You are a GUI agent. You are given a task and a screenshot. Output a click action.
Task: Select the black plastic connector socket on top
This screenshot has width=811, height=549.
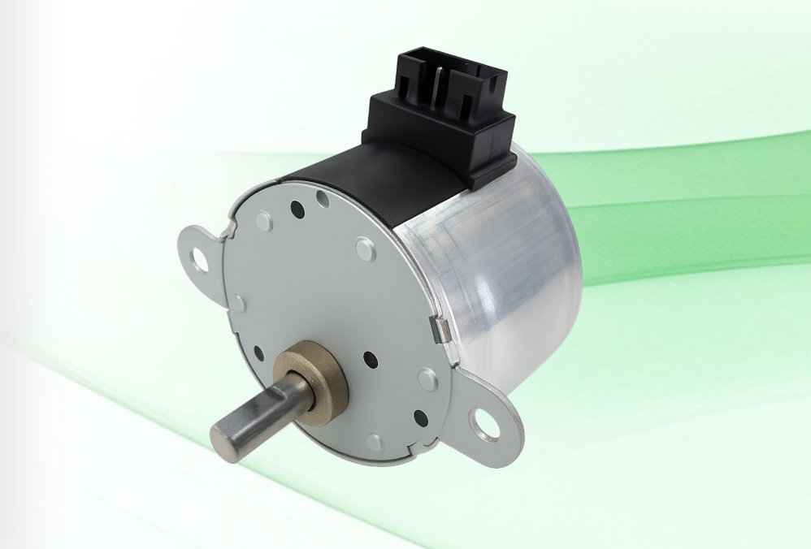444,114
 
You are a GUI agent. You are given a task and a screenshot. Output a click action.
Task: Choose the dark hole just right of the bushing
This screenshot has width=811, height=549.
370,358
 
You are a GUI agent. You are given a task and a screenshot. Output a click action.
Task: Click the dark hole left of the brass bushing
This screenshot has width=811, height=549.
258,352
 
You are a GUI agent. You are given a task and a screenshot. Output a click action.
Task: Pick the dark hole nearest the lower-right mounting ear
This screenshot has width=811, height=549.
420,418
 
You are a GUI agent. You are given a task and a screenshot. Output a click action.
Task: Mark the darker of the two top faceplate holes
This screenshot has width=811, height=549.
297,210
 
